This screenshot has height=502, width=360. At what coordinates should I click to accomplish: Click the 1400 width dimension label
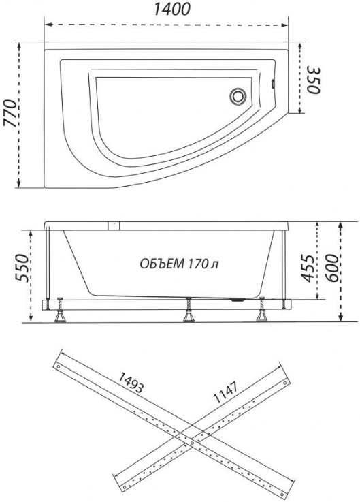click(x=172, y=10)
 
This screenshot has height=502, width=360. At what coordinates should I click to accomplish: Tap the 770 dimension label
click(x=10, y=114)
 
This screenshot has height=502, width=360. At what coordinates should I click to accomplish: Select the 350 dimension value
click(x=313, y=80)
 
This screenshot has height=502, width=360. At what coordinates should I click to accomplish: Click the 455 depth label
click(x=308, y=268)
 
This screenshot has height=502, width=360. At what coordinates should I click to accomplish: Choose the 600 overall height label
click(x=332, y=268)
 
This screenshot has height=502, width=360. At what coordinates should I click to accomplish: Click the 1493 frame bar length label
click(x=130, y=383)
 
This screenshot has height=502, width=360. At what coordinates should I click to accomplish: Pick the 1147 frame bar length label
click(x=226, y=392)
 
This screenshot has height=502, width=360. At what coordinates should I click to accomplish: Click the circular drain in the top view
click(x=238, y=96)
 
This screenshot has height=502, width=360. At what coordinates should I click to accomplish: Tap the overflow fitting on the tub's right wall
click(x=273, y=84)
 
